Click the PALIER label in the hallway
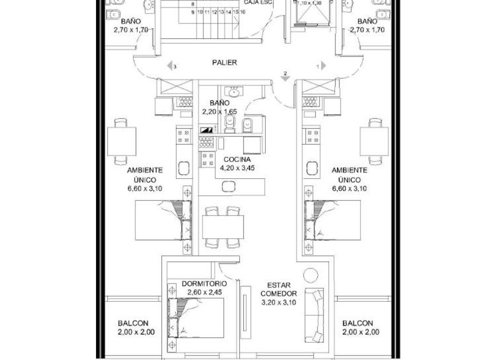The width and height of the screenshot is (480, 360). coord(224,63)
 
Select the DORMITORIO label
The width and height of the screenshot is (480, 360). coord(204,283)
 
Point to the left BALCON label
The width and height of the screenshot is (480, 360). coord(133,323)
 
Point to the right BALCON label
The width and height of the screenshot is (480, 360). coord(358,323)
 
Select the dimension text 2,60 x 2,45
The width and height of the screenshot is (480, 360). coord(204,292)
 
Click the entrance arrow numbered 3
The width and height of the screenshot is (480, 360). coord(170,66)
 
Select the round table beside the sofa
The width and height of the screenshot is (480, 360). coord(310,275)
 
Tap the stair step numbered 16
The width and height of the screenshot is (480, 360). coord(243,11)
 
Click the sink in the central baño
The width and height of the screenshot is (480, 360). coord(233,91)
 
